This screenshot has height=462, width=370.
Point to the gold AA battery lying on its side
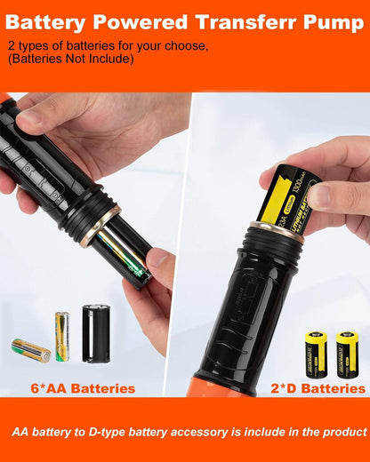pyautogui.click(x=31, y=350)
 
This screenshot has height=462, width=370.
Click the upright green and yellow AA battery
pyautogui.click(x=62, y=335)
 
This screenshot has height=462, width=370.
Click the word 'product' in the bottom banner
pyautogui.click(x=342, y=432)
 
